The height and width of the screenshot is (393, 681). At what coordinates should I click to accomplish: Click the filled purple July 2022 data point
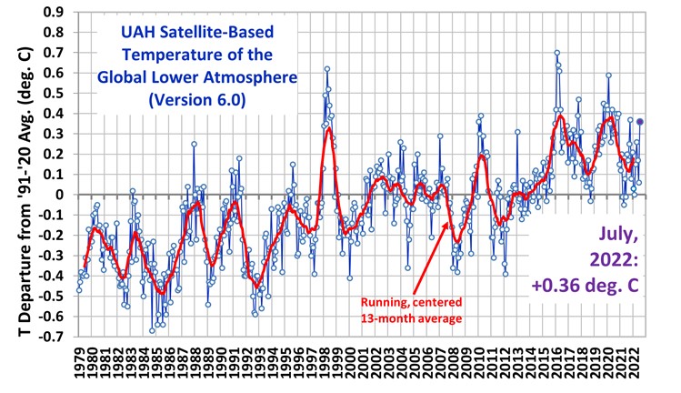[639, 121]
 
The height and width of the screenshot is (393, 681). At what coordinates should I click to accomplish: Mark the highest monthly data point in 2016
[556, 53]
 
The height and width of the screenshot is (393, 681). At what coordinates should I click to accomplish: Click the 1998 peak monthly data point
[326, 68]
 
